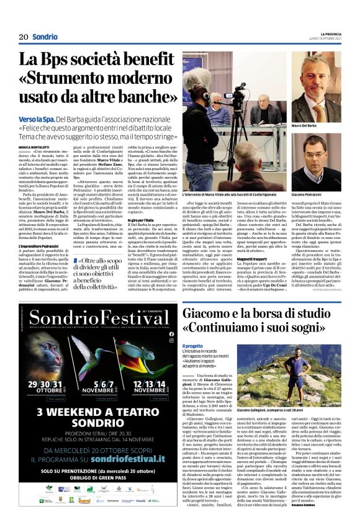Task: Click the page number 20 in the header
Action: (x=23, y=37)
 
